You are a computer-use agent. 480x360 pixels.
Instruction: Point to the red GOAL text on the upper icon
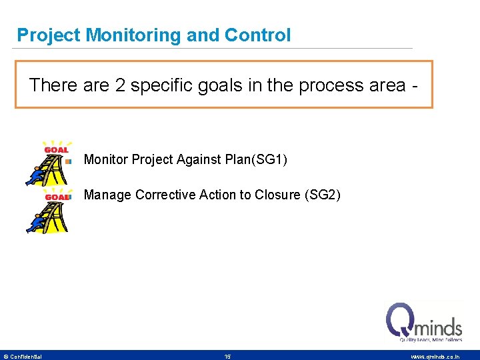[x=56, y=150]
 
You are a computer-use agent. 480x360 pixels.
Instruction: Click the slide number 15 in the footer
[x=227, y=357]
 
